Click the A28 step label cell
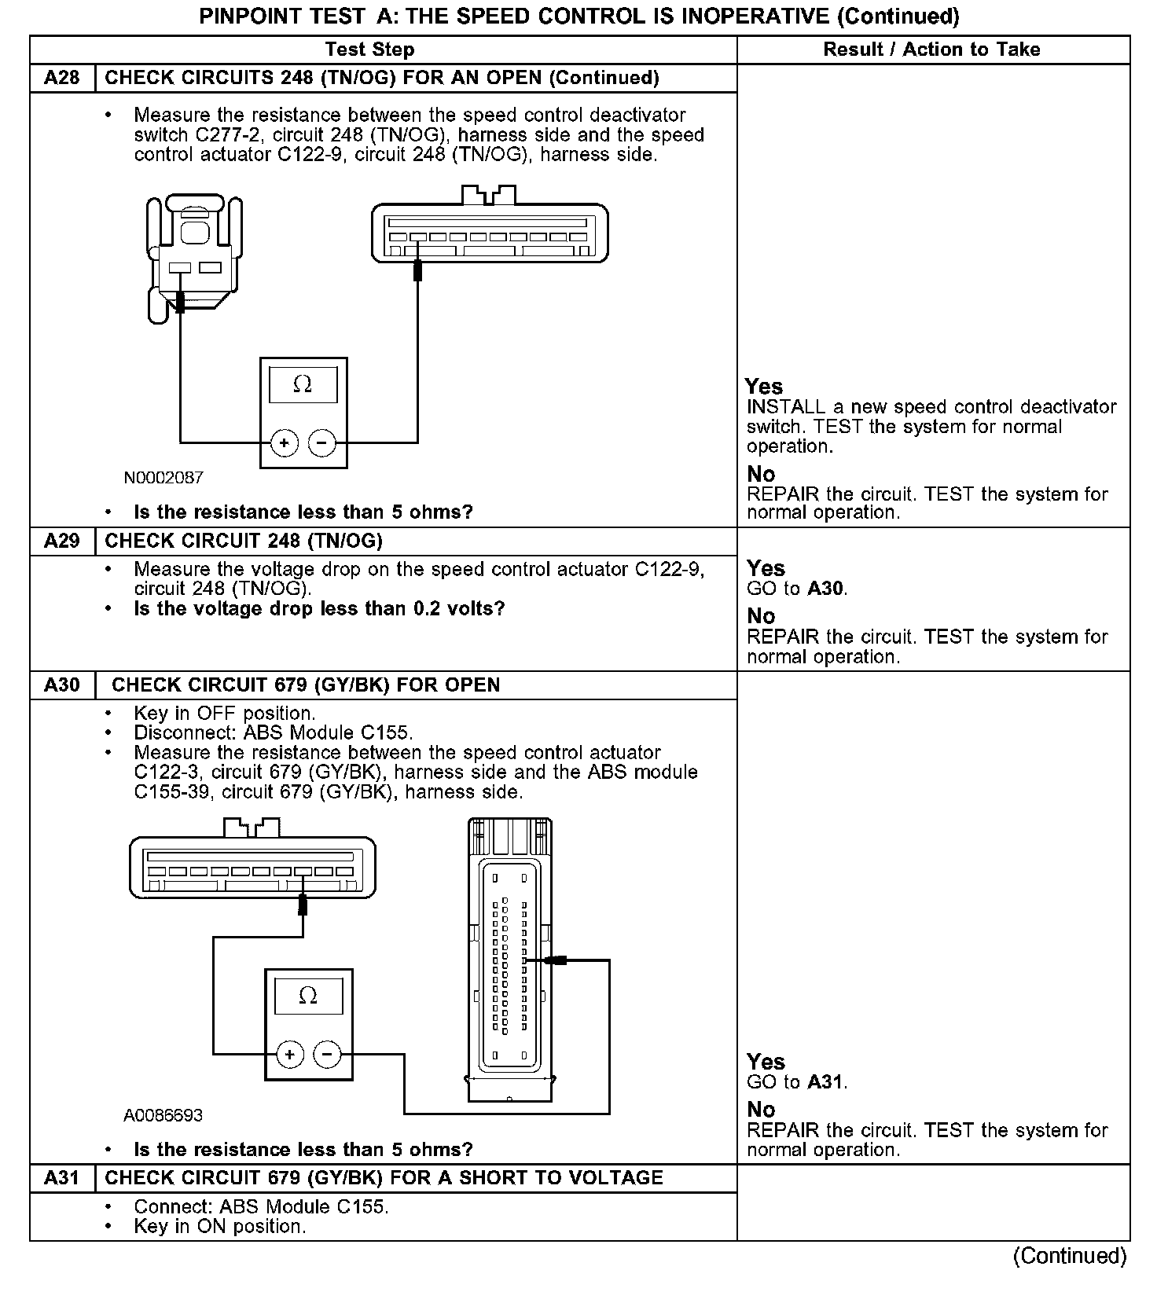tap(62, 78)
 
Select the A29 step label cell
tap(62, 541)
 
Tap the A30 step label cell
tap(62, 685)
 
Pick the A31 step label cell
tap(62, 1177)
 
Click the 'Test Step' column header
tap(369, 50)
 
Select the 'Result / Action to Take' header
tap(931, 50)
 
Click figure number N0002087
tap(163, 477)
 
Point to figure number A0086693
tap(163, 1115)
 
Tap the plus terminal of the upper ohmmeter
tap(284, 443)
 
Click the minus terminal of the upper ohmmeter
tap(321, 443)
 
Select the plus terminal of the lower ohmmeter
tap(289, 1054)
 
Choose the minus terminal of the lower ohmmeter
tap(327, 1054)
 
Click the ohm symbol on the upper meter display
tap(303, 385)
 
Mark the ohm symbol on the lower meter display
tap(308, 996)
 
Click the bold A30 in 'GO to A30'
tap(827, 589)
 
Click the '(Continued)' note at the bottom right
tap(1070, 1255)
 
